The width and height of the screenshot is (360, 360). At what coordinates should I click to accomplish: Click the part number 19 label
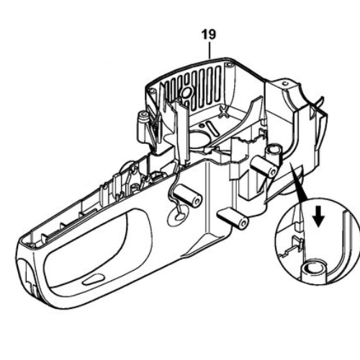209,35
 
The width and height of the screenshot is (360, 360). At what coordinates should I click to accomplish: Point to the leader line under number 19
210,50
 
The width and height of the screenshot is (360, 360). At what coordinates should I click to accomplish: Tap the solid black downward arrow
319,217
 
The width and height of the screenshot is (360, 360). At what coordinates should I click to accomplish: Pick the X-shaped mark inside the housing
224,112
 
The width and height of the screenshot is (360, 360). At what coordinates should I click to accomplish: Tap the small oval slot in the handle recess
92,280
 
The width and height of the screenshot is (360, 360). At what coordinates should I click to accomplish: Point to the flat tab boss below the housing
233,218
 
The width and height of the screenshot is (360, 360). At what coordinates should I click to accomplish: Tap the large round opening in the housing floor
200,139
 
